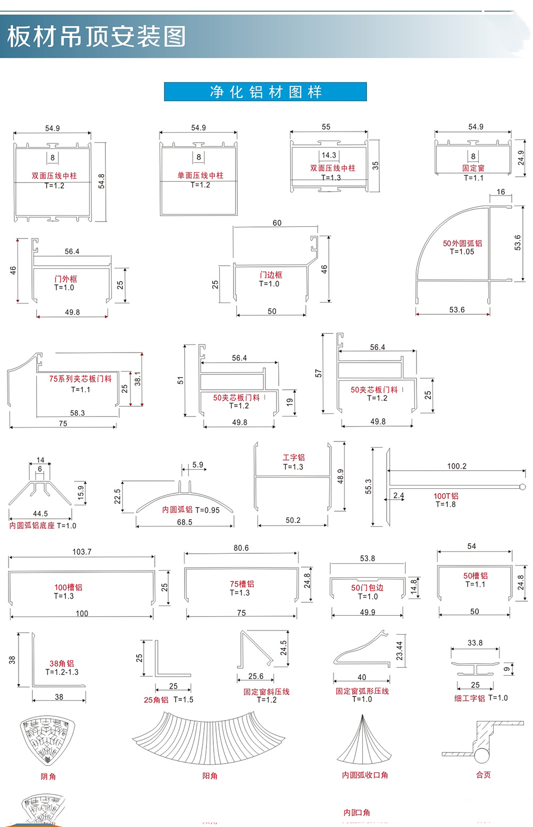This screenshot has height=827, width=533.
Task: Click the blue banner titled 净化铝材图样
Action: [x=265, y=92]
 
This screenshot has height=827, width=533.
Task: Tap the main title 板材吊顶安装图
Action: [x=97, y=36]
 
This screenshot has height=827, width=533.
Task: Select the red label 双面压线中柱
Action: [x=54, y=176]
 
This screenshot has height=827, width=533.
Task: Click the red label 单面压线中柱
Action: [x=201, y=175]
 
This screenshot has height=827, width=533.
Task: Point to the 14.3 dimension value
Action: [x=329, y=155]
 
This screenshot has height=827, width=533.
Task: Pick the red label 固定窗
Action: [x=473, y=168]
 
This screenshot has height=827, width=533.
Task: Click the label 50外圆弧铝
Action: [x=462, y=243]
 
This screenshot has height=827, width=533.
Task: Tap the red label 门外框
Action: [x=65, y=279]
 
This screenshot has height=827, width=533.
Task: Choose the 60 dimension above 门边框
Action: [x=277, y=223]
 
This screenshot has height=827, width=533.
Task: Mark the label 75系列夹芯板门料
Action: [x=80, y=379]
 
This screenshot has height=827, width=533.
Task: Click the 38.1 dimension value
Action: [x=138, y=379]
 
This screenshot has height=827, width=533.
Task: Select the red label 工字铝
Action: [x=294, y=457]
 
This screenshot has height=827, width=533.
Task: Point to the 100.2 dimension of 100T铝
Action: [x=456, y=466]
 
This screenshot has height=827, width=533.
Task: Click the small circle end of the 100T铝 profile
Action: [x=522, y=487]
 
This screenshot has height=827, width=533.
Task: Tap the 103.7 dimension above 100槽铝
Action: [x=82, y=552]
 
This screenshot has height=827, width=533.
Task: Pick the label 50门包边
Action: [x=367, y=587]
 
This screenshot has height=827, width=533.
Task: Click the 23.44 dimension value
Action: [x=399, y=650]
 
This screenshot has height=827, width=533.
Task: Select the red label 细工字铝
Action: [x=469, y=698]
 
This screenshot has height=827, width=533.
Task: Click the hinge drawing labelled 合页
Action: [x=482, y=742]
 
